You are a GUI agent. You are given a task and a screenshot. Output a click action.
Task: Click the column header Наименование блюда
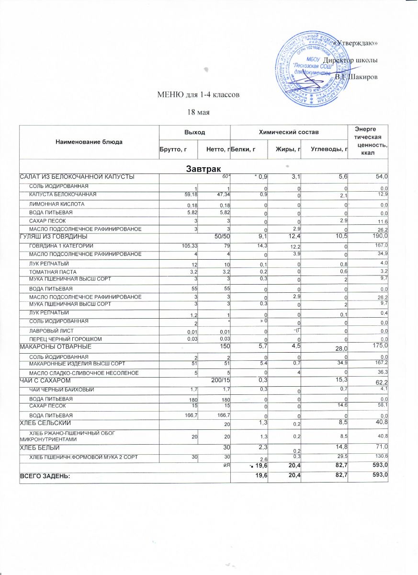pos(89,142)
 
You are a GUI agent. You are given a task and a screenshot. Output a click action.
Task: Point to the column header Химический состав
pos(289,131)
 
